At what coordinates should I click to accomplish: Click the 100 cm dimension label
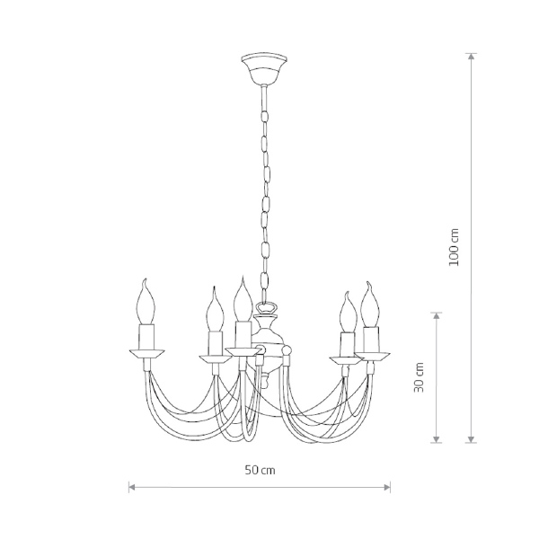[454, 247]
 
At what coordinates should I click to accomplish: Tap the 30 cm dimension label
[419, 377]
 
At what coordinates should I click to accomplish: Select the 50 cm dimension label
[261, 470]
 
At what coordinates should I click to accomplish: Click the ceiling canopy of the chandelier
[263, 69]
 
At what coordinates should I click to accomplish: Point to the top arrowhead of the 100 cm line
[472, 57]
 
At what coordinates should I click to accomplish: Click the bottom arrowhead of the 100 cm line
[472, 438]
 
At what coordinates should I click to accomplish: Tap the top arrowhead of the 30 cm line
[437, 317]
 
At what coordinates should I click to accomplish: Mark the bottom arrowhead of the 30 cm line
[437, 438]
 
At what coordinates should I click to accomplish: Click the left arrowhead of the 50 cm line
[133, 487]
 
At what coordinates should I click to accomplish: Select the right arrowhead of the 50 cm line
[385, 487]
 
